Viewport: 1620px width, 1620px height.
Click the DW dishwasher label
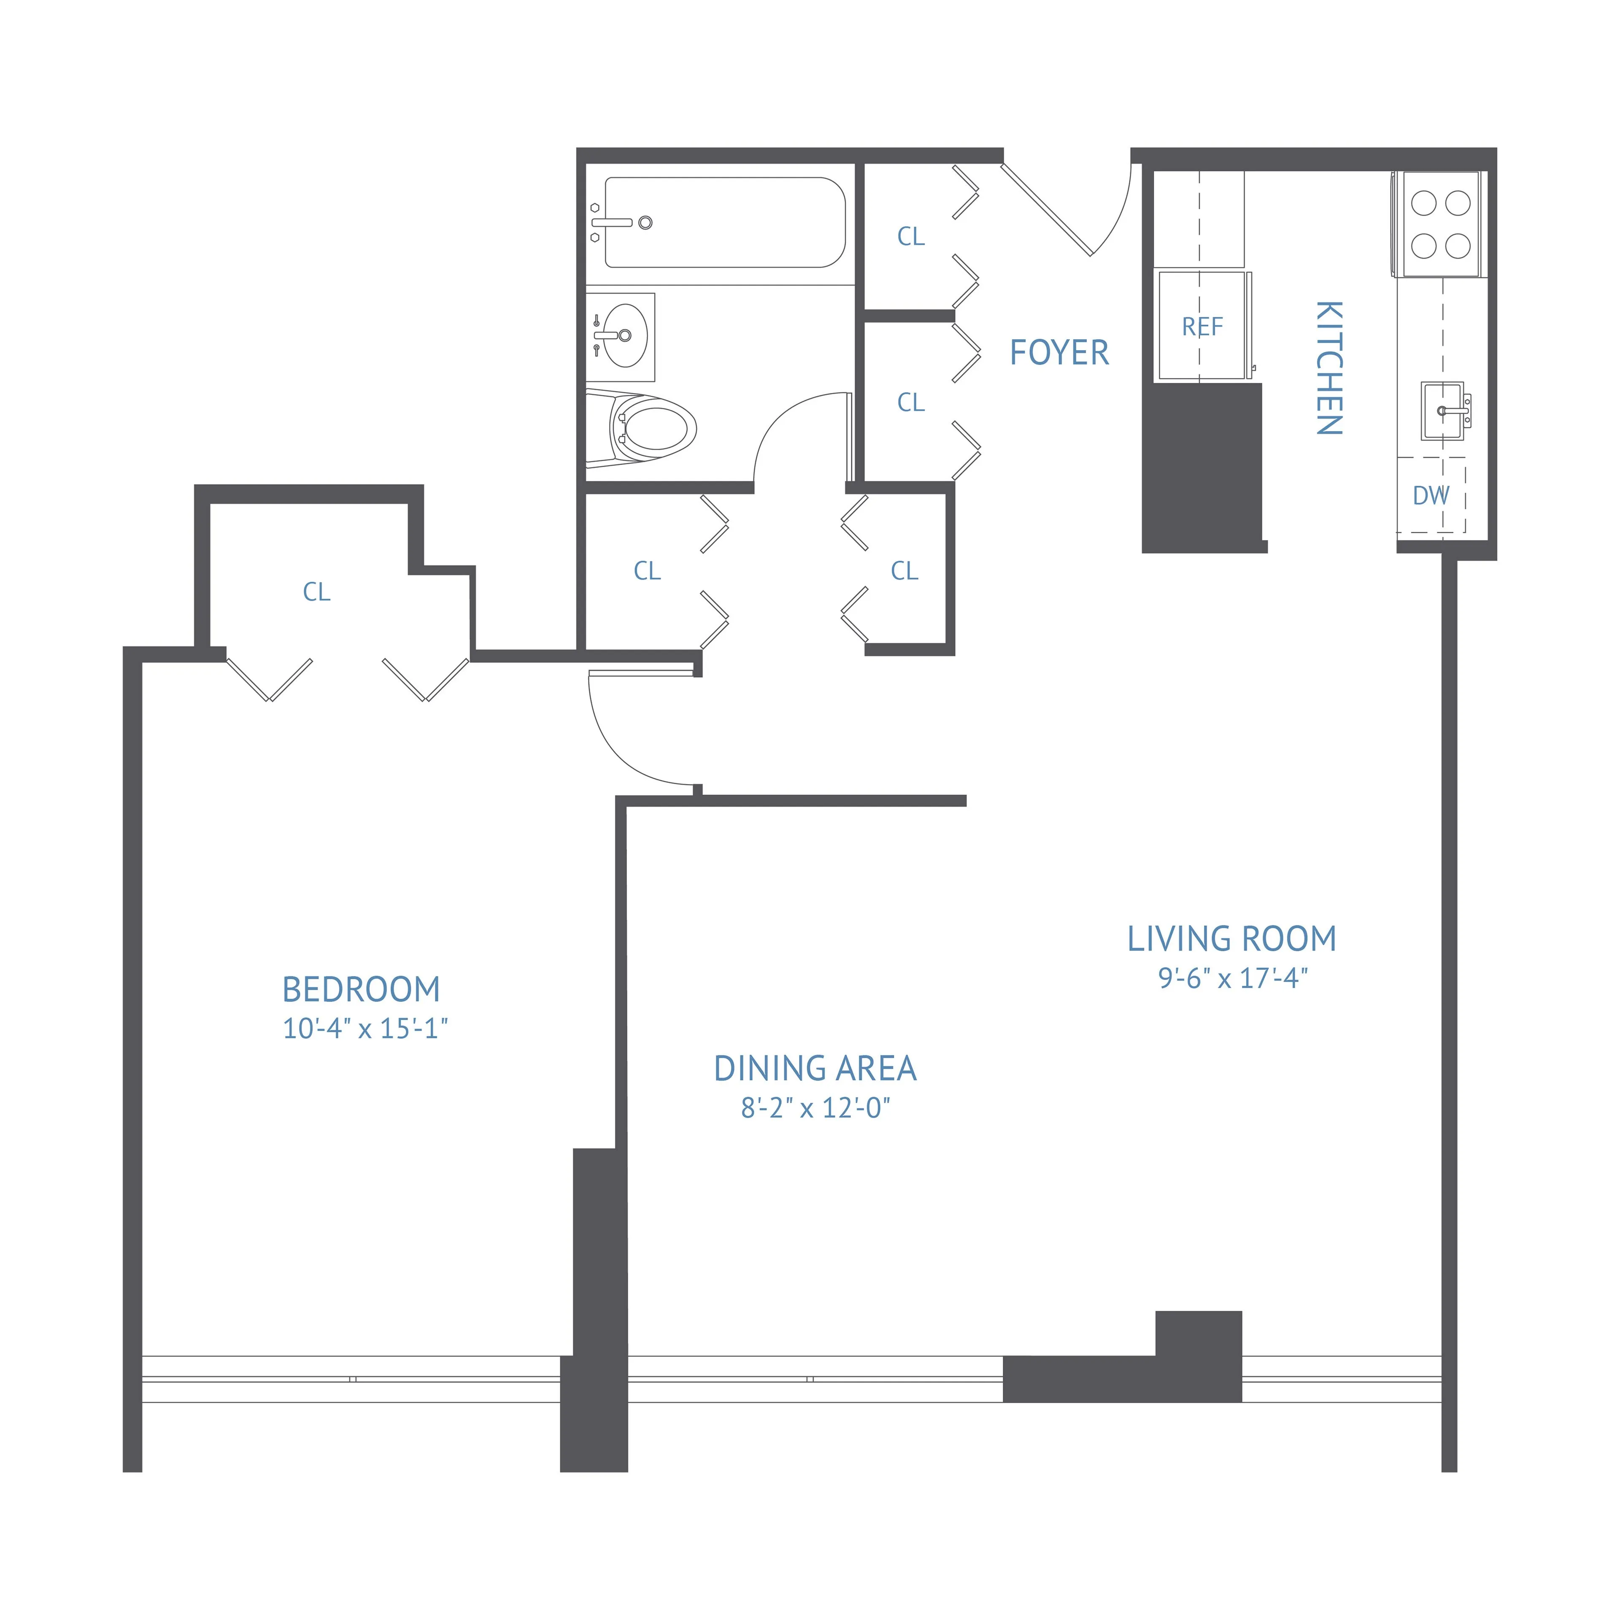tap(1431, 496)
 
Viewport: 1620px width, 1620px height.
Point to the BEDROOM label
tap(362, 989)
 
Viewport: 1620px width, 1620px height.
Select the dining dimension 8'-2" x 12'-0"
tap(815, 1109)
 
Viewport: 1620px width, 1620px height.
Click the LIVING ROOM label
tap(1232, 939)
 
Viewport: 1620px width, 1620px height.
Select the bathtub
tap(724, 222)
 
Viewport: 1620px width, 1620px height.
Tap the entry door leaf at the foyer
tap(1046, 210)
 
